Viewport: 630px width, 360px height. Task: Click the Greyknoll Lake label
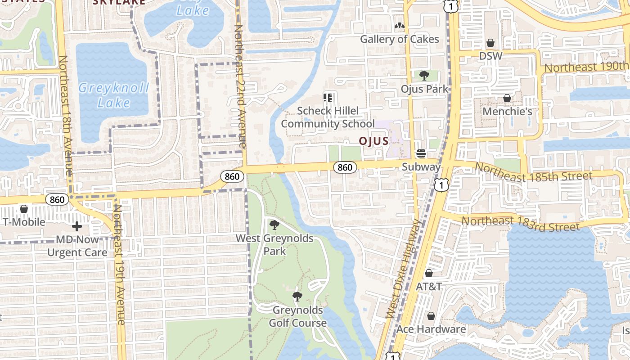pos(113,95)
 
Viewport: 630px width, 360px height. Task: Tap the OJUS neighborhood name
pos(373,141)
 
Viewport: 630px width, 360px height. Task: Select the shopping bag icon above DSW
pos(490,43)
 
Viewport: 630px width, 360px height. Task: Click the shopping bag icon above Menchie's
pos(507,98)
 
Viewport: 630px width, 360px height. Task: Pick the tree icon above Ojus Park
pos(424,76)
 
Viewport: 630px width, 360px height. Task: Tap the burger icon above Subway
pos(421,154)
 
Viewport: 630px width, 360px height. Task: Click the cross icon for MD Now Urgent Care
pos(77,226)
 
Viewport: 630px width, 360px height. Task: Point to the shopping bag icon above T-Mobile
pos(24,209)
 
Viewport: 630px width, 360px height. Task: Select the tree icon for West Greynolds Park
pos(274,225)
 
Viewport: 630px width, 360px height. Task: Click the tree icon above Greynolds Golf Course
pos(297,297)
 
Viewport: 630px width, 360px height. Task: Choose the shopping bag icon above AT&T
pos(429,274)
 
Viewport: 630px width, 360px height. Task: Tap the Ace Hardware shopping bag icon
pos(431,316)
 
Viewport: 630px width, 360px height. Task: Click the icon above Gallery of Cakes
pos(399,26)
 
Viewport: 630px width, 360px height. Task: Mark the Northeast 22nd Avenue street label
pos(240,85)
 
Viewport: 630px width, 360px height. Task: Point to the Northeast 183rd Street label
pos(520,224)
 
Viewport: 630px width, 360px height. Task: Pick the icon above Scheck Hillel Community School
pos(328,97)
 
